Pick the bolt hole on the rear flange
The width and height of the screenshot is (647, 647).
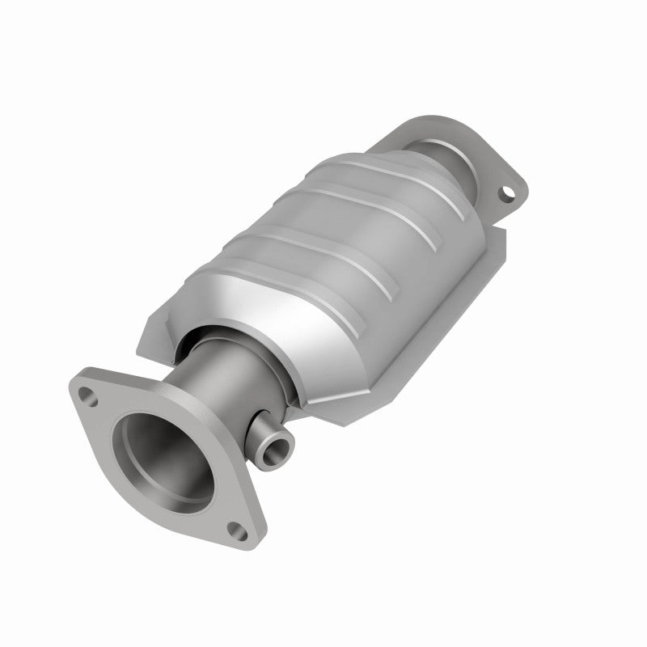(x=506, y=194)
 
